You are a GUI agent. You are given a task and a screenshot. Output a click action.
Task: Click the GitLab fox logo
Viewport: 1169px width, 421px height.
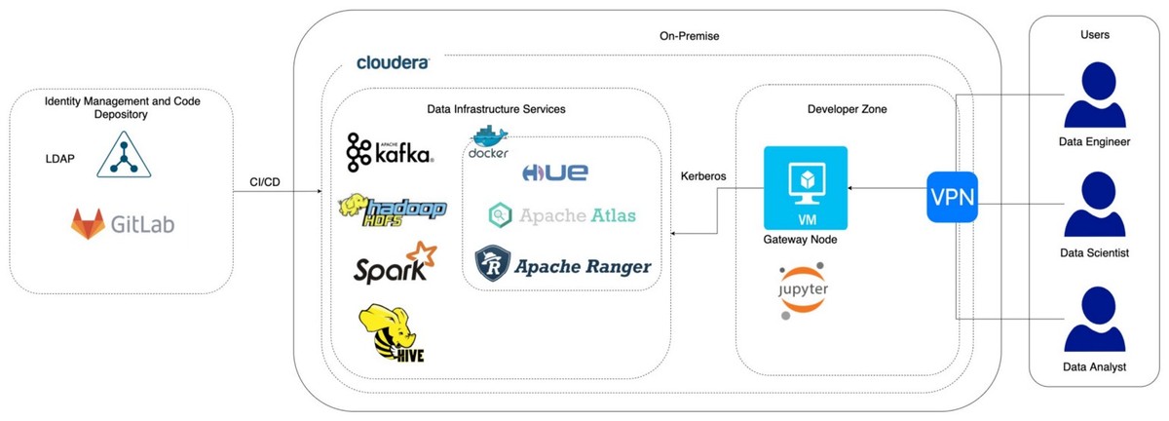point(88,225)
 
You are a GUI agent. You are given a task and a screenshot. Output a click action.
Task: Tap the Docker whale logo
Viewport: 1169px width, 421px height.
point(488,143)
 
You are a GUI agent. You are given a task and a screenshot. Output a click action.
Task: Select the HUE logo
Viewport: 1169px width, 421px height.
point(555,172)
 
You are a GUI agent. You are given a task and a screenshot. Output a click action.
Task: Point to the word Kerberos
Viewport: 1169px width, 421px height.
point(705,176)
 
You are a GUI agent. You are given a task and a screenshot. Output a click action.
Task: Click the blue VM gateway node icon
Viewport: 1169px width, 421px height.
point(806,188)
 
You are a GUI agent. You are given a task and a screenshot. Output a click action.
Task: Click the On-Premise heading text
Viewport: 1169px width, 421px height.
point(688,36)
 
